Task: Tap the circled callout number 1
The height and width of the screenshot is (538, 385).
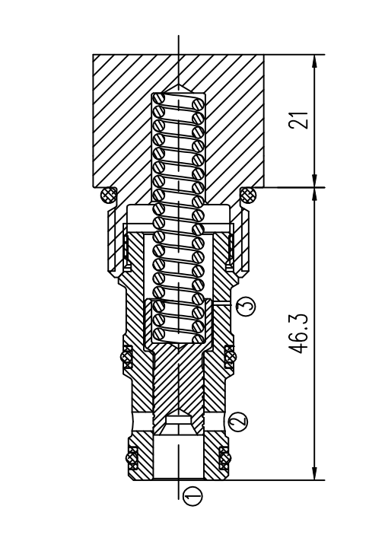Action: coord(192,496)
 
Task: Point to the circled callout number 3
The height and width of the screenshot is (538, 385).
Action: coord(246,304)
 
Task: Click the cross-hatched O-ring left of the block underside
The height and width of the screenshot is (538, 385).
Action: coord(108,196)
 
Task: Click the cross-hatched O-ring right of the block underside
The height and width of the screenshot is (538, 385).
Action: coord(248,196)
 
